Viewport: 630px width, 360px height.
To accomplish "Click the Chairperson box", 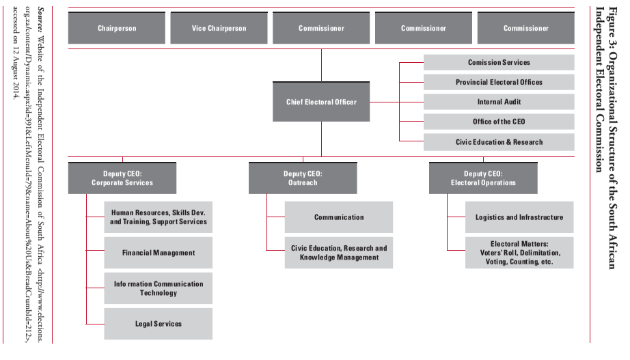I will (116, 29).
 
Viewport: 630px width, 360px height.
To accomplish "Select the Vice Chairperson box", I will (219, 29).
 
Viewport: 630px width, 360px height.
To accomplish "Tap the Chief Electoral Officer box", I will (321, 102).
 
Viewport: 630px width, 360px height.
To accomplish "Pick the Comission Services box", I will (499, 62).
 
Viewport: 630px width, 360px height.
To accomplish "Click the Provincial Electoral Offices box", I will (499, 82).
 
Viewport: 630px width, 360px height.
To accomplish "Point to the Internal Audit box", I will (499, 102).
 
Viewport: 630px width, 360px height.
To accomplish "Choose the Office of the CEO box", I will (499, 122).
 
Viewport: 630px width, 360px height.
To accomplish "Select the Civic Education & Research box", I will (499, 142).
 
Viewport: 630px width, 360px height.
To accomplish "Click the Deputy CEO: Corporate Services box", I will (122, 178).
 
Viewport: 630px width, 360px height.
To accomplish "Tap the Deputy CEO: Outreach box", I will (303, 178).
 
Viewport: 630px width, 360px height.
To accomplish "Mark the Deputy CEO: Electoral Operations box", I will (483, 178).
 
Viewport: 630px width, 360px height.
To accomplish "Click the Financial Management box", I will (159, 253).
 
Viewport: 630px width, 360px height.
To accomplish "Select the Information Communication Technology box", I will (159, 288).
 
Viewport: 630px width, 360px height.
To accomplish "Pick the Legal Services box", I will (159, 324).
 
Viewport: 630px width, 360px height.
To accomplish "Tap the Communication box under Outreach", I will (339, 217).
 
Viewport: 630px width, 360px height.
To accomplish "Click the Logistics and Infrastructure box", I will (519, 217).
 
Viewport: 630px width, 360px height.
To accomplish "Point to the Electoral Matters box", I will (519, 253).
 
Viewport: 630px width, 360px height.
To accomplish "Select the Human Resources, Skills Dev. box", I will (159, 217).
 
